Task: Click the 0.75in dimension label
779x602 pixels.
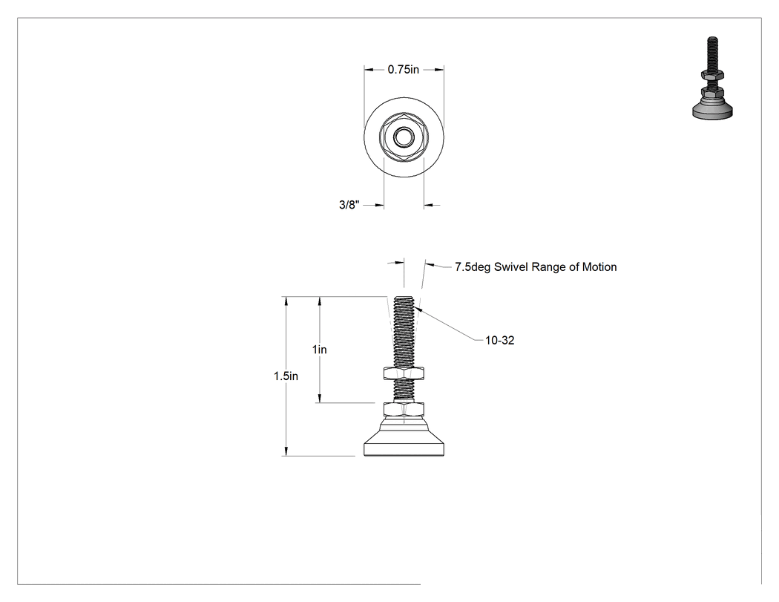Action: pyautogui.click(x=404, y=70)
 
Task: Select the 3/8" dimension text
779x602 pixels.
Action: pyautogui.click(x=349, y=204)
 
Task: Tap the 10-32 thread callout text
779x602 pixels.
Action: pyautogui.click(x=500, y=341)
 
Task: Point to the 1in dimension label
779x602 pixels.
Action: pyautogui.click(x=320, y=350)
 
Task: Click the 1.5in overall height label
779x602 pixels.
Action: pyautogui.click(x=286, y=376)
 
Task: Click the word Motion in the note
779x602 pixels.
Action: pyautogui.click(x=599, y=267)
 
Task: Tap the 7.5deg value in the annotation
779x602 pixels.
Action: pyautogui.click(x=473, y=267)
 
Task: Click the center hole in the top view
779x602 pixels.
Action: pyautogui.click(x=404, y=137)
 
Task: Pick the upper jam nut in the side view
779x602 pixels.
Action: pyautogui.click(x=404, y=373)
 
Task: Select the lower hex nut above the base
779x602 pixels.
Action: pyautogui.click(x=404, y=409)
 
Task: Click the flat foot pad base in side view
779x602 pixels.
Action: pyautogui.click(x=404, y=444)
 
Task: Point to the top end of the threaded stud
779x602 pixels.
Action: pyautogui.click(x=403, y=297)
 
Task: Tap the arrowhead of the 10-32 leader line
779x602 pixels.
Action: pyautogui.click(x=415, y=310)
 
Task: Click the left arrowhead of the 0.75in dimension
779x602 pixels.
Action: pyautogui.click(x=369, y=70)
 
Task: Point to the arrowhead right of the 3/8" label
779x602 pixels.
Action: pyautogui.click(x=429, y=204)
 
